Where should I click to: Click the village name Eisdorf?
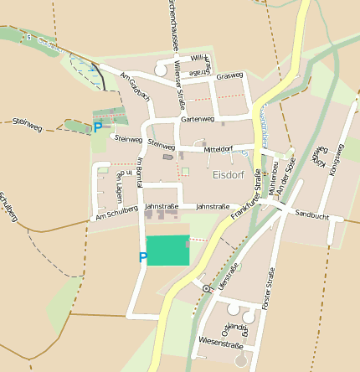[x=228, y=175]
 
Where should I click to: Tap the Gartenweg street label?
[x=198, y=120]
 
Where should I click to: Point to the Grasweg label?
[x=229, y=76]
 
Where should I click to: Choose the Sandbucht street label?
[x=312, y=215]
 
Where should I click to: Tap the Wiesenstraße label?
[x=221, y=344]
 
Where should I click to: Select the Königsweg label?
[x=337, y=159]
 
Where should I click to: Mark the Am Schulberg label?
[x=115, y=215]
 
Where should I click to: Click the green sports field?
[x=167, y=251]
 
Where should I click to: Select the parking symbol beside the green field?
[x=142, y=258]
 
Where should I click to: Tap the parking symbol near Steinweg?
[x=98, y=127]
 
